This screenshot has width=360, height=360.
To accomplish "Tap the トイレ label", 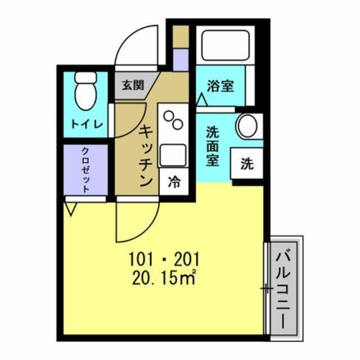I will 85,124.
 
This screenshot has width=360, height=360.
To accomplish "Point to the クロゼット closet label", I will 85,170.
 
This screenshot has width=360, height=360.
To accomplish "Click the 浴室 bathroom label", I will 220,87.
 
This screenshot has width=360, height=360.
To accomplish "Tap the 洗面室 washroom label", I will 212,147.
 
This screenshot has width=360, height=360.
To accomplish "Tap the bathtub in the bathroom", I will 224,44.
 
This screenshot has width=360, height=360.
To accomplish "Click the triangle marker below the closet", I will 71,211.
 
